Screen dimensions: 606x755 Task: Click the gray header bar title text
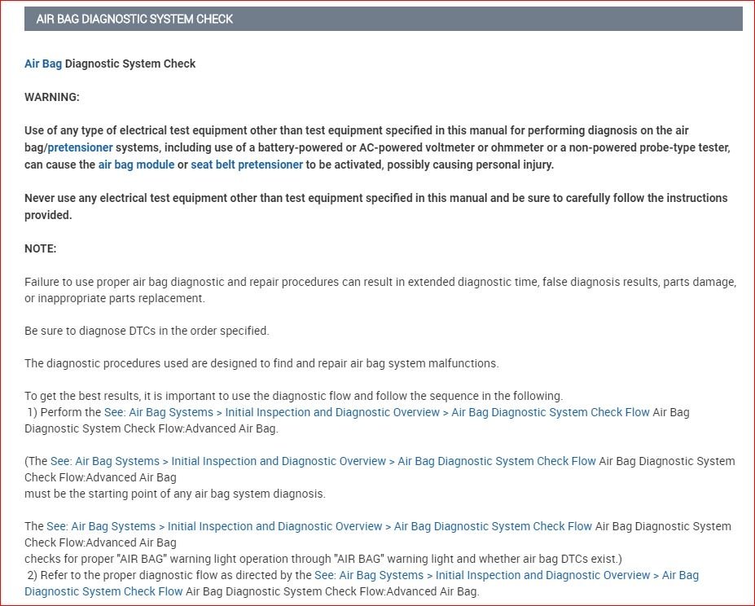click(x=134, y=19)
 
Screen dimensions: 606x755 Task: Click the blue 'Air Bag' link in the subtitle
click(x=43, y=64)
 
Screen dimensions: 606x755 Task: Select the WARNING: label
click(x=52, y=97)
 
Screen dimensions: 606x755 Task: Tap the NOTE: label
click(x=41, y=248)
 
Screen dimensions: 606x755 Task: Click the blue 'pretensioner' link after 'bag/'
click(x=80, y=147)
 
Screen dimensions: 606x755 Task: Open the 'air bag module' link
click(x=136, y=165)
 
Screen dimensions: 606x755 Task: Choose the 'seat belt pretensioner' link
click(x=247, y=165)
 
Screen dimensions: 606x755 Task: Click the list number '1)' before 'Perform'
click(x=32, y=412)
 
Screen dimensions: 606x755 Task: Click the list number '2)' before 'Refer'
click(x=32, y=575)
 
